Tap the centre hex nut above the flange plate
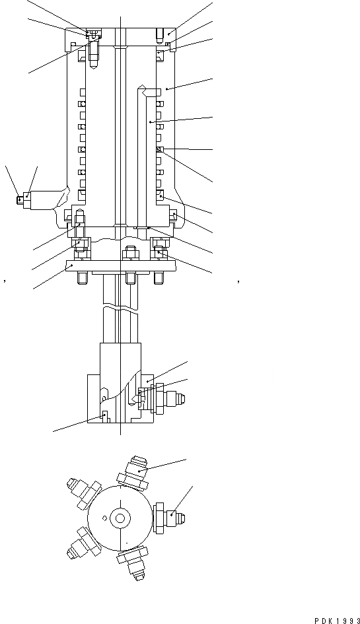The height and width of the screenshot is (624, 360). click(129, 254)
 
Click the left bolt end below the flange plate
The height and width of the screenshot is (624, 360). click(81, 277)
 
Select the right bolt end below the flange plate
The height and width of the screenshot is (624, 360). click(159, 277)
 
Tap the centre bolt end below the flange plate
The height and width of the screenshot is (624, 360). click(129, 277)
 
